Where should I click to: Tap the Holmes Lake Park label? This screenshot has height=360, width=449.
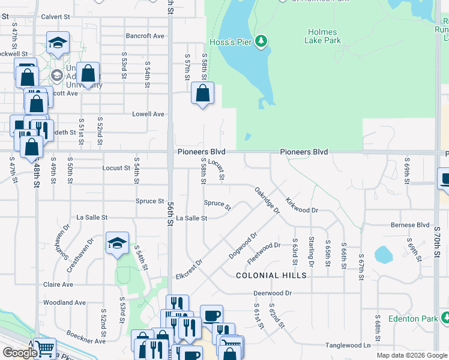[x=324, y=36]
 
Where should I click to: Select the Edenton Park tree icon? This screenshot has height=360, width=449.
[x=443, y=318]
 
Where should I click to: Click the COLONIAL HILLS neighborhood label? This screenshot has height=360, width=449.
[x=271, y=275]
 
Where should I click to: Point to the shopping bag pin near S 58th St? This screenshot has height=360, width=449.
[x=202, y=94]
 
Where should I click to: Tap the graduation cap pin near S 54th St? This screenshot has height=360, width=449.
[x=118, y=243]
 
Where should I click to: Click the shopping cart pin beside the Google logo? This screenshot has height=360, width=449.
[x=44, y=348]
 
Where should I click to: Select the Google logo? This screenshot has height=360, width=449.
[x=19, y=353]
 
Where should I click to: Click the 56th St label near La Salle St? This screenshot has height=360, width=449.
[x=170, y=214]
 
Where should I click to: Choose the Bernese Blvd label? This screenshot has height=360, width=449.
[x=409, y=225]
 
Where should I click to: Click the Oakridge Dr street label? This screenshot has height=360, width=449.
[x=267, y=200]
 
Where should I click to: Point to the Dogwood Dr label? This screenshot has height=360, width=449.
[x=243, y=246]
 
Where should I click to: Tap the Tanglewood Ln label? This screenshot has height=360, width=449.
[x=348, y=345]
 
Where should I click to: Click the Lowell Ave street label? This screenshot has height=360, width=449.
[x=148, y=114]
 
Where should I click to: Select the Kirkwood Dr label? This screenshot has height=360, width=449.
[x=301, y=206]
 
